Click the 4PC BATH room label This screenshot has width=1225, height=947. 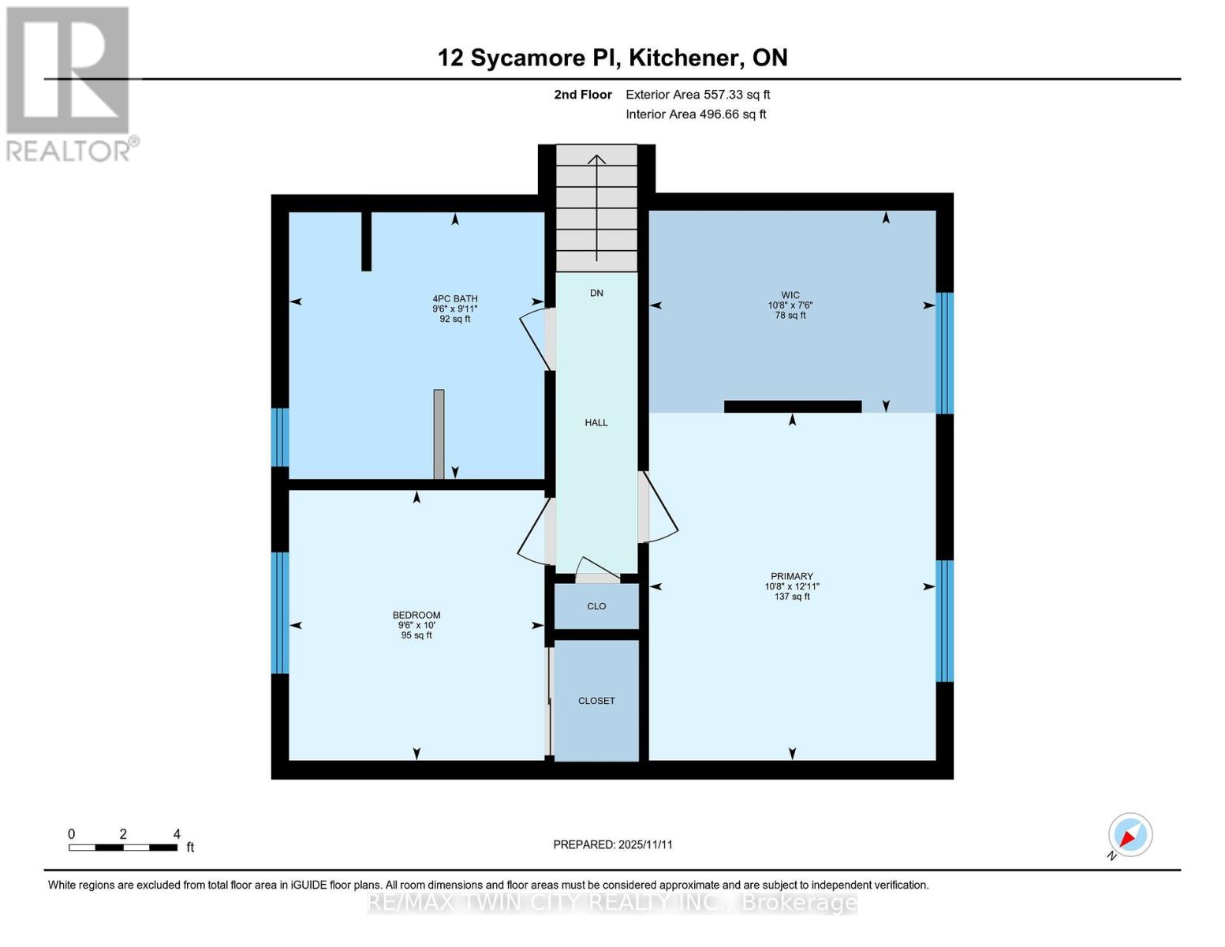pyautogui.click(x=455, y=299)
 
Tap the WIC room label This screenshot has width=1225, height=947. pyautogui.click(x=790, y=295)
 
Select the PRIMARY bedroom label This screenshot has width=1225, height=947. pyautogui.click(x=792, y=576)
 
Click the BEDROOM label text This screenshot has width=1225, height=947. pyautogui.click(x=416, y=616)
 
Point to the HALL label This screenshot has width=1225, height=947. pyautogui.click(x=596, y=423)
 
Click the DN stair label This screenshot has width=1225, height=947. pyautogui.click(x=596, y=293)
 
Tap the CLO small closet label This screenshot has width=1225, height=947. pyautogui.click(x=596, y=606)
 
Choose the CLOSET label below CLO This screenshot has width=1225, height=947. pyautogui.click(x=596, y=701)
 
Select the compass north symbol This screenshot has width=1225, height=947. pyautogui.click(x=1130, y=835)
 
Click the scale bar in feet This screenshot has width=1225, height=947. pyautogui.click(x=123, y=848)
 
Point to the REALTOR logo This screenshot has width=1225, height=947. pyautogui.click(x=69, y=84)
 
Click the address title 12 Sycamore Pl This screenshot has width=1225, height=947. pyautogui.click(x=612, y=58)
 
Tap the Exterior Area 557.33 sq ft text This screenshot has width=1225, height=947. pyautogui.click(x=697, y=95)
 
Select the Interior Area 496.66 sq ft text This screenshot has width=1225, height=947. pyautogui.click(x=696, y=114)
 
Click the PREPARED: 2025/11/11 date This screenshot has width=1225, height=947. pyautogui.click(x=613, y=844)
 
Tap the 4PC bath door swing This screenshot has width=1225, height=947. pyautogui.click(x=536, y=338)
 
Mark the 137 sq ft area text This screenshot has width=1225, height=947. pyautogui.click(x=792, y=597)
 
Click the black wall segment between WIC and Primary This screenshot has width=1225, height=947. pyautogui.click(x=792, y=406)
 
